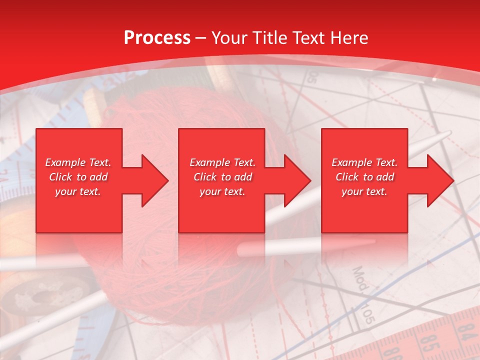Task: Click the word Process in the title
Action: coord(157,38)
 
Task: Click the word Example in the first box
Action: coord(65,162)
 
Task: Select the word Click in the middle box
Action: coord(204,177)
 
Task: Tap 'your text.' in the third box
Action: coord(364,191)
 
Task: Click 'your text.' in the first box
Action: coord(78,191)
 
